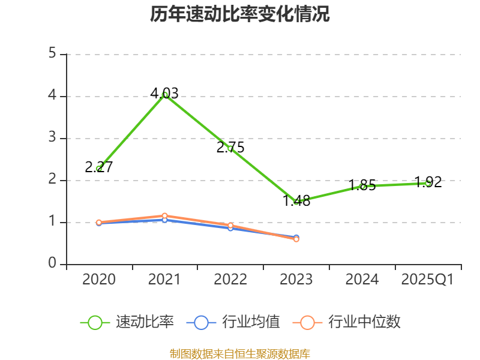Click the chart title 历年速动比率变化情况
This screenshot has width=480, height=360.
click(240, 14)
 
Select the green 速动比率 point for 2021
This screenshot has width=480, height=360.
click(165, 94)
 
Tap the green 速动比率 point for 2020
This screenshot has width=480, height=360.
click(99, 169)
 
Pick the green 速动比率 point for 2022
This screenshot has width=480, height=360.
click(230, 148)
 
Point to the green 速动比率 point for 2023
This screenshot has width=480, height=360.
click(296, 202)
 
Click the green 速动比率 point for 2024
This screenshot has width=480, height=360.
click(362, 186)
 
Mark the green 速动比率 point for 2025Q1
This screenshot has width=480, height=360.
click(428, 182)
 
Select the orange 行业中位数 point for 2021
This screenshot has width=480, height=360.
click(165, 215)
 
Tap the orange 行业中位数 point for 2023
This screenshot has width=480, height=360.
click(296, 239)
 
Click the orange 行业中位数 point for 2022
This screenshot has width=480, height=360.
click(230, 225)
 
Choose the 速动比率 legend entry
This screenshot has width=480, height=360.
click(127, 322)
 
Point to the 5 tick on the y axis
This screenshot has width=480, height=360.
click(52, 54)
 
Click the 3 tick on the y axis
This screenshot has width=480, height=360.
click(52, 138)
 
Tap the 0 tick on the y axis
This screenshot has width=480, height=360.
click(52, 264)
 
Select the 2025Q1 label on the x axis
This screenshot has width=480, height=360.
click(428, 280)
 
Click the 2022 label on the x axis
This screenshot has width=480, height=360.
click(230, 280)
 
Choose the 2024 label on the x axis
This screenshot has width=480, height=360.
click(362, 280)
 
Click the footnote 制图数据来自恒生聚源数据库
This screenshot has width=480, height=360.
click(240, 353)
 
